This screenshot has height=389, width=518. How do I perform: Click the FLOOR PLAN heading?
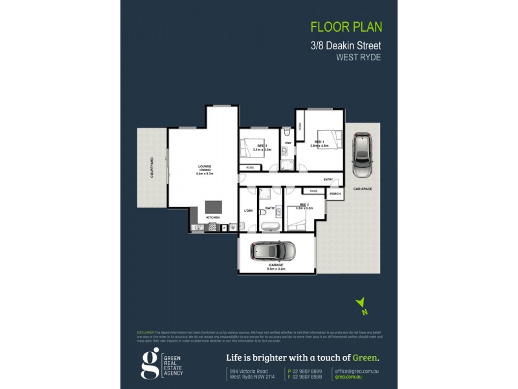(346, 27)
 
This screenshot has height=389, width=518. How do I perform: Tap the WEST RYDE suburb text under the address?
(358, 56)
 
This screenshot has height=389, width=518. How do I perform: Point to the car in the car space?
(361, 156)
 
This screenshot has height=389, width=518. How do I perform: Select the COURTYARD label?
(152, 167)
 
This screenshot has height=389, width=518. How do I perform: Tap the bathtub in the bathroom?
(270, 226)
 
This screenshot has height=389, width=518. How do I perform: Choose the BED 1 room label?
(319, 141)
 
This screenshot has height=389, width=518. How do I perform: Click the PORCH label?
(335, 194)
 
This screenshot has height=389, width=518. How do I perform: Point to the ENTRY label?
(328, 180)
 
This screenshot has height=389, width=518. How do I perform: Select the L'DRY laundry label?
(248, 210)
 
